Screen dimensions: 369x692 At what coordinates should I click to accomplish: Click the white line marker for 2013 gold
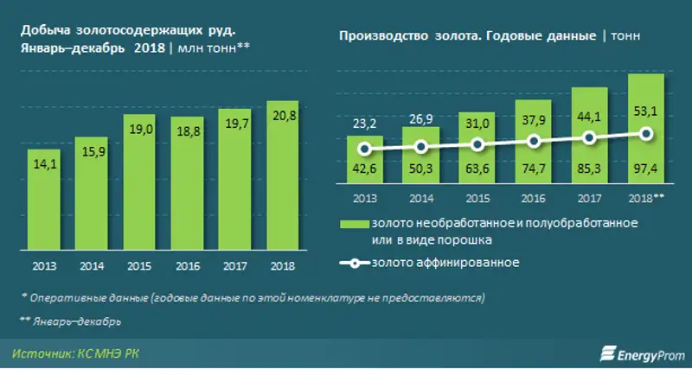click(x=364, y=149)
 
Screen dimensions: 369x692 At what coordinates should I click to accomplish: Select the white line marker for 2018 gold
click(x=645, y=133)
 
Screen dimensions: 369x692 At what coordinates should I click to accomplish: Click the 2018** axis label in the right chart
click(x=645, y=197)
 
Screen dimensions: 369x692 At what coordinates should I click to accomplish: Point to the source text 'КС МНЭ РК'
click(x=112, y=353)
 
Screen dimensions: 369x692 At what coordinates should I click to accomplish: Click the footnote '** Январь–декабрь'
click(x=70, y=321)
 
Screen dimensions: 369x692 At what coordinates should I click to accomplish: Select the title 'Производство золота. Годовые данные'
click(x=467, y=35)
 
